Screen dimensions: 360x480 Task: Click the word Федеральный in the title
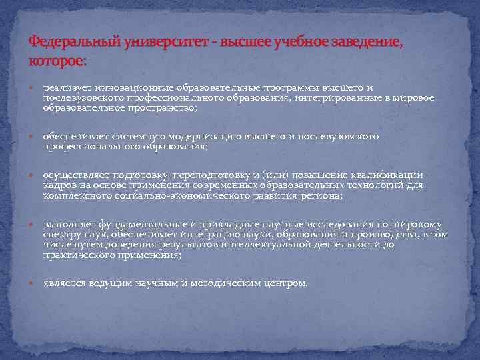[x=74, y=42]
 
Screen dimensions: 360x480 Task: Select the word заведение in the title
[x=363, y=42]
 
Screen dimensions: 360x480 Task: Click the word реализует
[x=65, y=87]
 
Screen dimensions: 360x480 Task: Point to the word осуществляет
[x=73, y=175]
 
